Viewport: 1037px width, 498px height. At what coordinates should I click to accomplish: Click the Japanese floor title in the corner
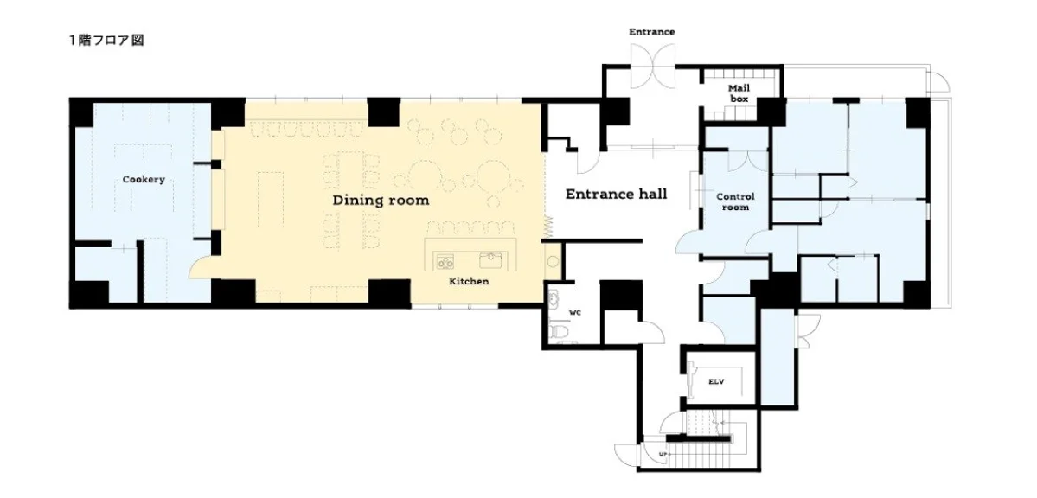click(106, 41)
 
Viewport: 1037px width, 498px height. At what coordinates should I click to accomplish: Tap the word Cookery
click(144, 179)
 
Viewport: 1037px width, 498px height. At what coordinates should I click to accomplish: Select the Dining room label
click(381, 200)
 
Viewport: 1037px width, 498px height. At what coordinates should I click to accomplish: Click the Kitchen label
click(469, 281)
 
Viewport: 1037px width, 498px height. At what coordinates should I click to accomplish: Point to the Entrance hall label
click(617, 194)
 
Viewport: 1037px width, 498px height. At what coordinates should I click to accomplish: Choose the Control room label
click(735, 201)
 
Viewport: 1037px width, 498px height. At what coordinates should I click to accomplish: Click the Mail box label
click(739, 93)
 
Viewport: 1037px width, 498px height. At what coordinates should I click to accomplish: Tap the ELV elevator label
click(717, 381)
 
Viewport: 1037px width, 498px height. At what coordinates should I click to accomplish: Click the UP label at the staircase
click(662, 454)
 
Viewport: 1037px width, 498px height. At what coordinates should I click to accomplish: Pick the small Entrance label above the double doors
click(651, 32)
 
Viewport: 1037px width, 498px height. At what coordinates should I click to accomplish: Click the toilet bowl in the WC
click(558, 329)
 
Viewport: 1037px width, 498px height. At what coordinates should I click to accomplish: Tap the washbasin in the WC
click(555, 297)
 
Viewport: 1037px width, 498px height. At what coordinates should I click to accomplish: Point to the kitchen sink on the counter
click(490, 259)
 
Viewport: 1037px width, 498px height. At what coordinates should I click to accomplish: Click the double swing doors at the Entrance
click(651, 66)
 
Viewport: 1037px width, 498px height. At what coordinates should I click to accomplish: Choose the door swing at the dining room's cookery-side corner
click(201, 266)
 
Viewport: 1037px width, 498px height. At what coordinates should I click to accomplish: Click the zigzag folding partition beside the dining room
click(548, 227)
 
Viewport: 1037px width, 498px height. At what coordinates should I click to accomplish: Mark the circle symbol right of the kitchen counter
click(553, 261)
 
